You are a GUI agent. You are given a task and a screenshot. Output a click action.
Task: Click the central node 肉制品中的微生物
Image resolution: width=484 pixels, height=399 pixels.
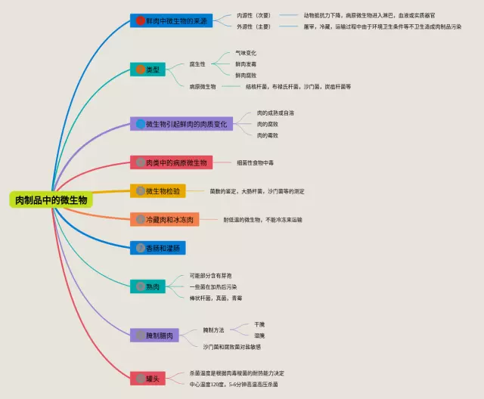coord(51,200)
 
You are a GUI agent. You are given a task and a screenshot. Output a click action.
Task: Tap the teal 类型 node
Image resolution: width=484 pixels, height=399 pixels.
coord(148,70)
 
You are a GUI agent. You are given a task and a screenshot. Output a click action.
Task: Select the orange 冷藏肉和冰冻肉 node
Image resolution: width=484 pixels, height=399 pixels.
coord(163,219)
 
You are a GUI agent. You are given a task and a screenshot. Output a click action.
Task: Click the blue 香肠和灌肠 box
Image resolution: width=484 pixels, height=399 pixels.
coord(158,247)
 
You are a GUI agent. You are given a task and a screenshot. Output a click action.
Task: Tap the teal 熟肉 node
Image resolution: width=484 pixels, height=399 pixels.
coord(148,286)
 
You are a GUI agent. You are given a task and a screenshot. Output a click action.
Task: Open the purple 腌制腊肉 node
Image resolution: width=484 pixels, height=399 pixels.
coord(155,335)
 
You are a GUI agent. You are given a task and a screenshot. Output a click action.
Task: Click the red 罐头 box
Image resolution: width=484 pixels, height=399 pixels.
coord(148,377)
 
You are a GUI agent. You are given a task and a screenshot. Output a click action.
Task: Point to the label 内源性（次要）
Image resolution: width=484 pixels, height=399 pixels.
coord(253,15)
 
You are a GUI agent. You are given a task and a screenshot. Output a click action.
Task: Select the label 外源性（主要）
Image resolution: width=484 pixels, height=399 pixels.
coord(253,26)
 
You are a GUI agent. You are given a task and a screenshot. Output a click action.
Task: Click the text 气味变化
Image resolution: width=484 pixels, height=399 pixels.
coord(246,54)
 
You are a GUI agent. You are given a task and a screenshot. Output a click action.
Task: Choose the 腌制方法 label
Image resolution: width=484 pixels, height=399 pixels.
coord(214,330)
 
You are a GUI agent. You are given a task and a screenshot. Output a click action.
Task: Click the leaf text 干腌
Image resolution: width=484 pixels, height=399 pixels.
coord(259,324)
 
